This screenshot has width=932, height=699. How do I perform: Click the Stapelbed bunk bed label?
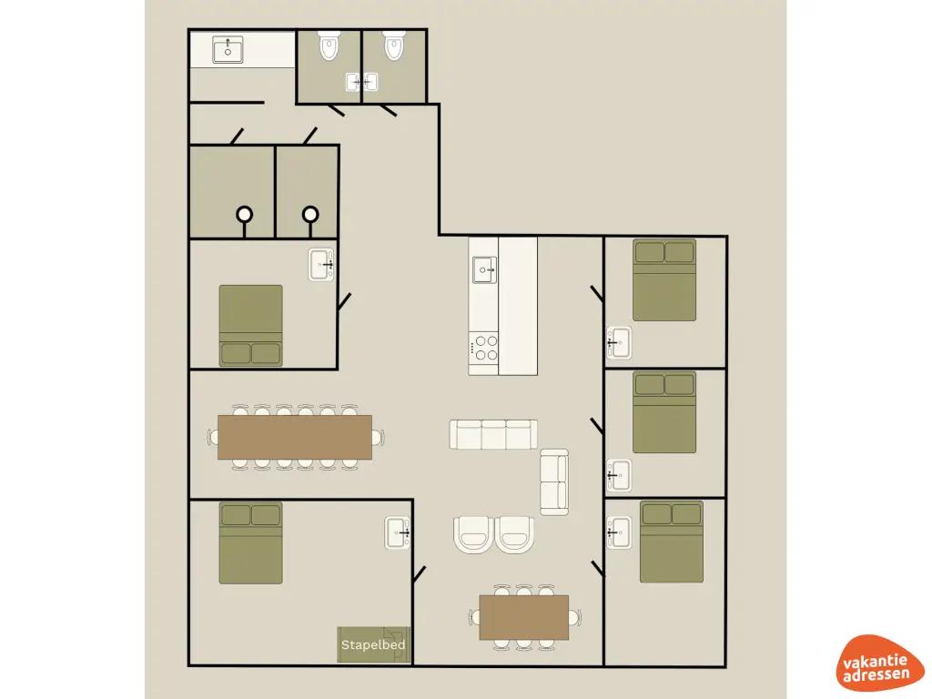[x=373, y=644]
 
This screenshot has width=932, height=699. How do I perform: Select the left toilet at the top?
[x=329, y=46]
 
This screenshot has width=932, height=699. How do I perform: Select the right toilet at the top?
[x=394, y=46]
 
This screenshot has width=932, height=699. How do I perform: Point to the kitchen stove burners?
[x=483, y=347]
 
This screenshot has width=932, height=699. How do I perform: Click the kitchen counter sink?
[x=483, y=269]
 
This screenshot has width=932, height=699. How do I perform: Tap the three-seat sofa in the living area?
[x=493, y=434]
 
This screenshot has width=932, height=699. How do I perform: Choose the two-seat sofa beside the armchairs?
[x=553, y=481]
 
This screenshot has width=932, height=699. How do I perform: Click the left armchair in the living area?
[x=472, y=533]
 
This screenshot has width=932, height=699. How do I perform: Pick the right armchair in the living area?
[x=515, y=533]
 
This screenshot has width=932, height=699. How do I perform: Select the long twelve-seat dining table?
[x=295, y=437]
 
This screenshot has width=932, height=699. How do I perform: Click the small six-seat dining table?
[x=523, y=617]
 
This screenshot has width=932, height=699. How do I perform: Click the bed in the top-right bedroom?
[x=664, y=279]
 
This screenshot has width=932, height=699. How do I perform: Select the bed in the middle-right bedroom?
[x=664, y=411]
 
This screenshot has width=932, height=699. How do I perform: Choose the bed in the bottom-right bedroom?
[x=671, y=541]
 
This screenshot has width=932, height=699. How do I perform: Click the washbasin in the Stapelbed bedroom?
[x=398, y=532]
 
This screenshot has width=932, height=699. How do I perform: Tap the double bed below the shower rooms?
[x=250, y=326]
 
